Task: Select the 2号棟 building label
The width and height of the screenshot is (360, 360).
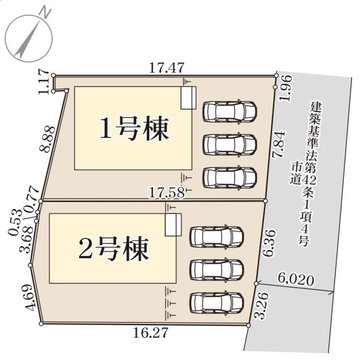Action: click(x=113, y=249)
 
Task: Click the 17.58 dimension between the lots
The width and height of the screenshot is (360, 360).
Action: click(x=167, y=193)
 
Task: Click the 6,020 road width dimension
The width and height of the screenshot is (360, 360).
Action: click(x=296, y=280)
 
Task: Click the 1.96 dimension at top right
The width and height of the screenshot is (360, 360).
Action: click(x=286, y=88)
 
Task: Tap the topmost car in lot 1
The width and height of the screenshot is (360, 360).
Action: click(x=229, y=111)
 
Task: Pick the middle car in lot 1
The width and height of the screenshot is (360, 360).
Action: click(x=229, y=145)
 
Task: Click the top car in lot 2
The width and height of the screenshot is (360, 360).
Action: click(x=217, y=237)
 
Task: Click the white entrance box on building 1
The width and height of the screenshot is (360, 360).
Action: click(x=188, y=98)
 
